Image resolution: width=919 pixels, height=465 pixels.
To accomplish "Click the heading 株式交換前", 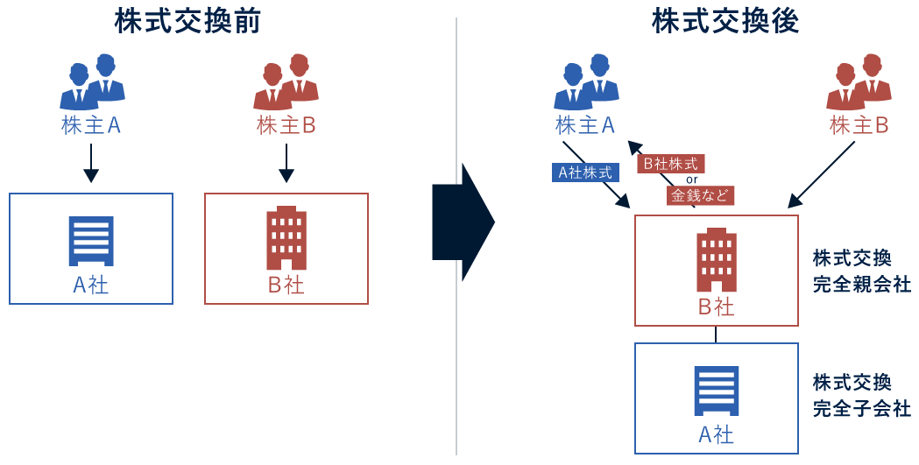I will coord(187,22).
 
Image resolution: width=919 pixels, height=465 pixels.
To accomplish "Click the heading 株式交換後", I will coord(725,22).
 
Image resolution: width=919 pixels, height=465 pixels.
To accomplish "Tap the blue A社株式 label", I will coord(586,173).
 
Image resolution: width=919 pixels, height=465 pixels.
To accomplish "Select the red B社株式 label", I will coord(670,164).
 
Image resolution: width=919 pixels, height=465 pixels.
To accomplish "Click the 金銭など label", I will coord(700,196).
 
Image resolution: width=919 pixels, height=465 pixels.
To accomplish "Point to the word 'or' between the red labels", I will coord(691,180).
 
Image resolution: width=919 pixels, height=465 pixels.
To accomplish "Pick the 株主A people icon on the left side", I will coord(92,81).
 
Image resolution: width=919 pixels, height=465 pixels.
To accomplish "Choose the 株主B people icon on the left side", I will coord(286,81).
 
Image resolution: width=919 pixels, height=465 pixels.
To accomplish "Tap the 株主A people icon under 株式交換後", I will coord(586,81).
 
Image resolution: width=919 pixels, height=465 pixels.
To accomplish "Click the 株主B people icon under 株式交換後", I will coord(859,81).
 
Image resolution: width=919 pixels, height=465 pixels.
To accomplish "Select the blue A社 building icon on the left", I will coord(91,241).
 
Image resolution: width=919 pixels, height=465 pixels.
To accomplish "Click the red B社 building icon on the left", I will coord(286,238).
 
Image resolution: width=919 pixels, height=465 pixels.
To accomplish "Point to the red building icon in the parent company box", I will coord(717,260).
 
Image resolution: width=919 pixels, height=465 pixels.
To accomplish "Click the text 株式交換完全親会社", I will coord(861,271).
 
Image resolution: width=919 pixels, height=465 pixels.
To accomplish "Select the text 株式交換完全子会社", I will coord(861,396).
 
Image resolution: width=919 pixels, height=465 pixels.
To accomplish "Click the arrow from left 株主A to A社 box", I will coord(91,164).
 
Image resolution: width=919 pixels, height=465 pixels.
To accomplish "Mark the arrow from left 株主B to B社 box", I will coord(286,164).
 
